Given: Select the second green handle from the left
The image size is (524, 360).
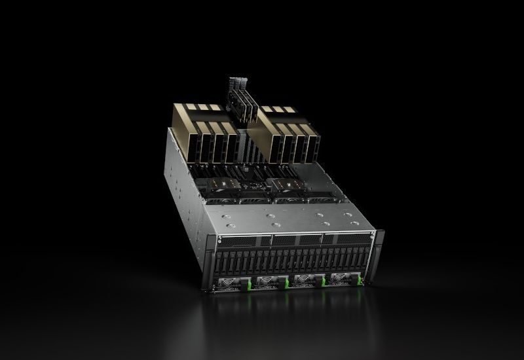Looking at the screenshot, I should point(286,284).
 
